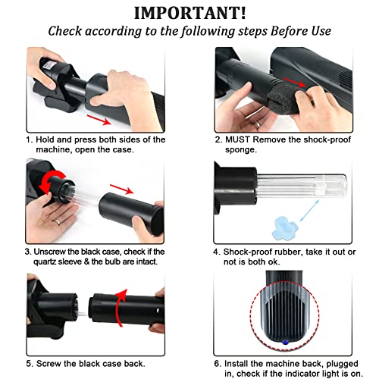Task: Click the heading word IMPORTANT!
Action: (x=189, y=13)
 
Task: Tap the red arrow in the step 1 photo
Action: (x=99, y=120)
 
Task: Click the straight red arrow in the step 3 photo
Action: (x=121, y=189)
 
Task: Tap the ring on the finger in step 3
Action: (x=58, y=221)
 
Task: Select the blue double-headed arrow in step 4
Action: (x=309, y=211)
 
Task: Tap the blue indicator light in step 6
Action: (x=286, y=343)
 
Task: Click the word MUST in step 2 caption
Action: (x=237, y=139)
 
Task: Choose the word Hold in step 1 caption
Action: (x=45, y=139)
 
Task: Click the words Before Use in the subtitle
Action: (x=301, y=31)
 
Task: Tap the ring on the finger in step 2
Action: (x=258, y=124)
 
